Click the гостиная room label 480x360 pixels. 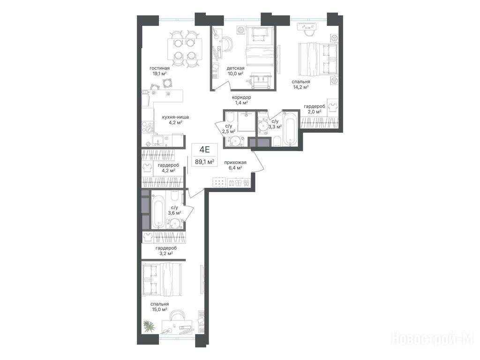[159, 68]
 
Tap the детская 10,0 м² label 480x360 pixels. [235, 71]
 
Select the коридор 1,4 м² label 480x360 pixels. [241, 100]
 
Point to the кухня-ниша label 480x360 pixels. [175, 117]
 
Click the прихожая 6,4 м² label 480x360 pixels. [235, 165]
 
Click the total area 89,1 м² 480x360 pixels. [204, 162]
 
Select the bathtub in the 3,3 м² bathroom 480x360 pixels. [290, 129]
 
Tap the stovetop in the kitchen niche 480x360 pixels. [147, 127]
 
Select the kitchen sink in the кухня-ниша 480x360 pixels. [158, 141]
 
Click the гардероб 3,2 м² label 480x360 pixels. [166, 251]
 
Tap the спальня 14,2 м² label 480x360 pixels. [300, 84]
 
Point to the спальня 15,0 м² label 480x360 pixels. [159, 307]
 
